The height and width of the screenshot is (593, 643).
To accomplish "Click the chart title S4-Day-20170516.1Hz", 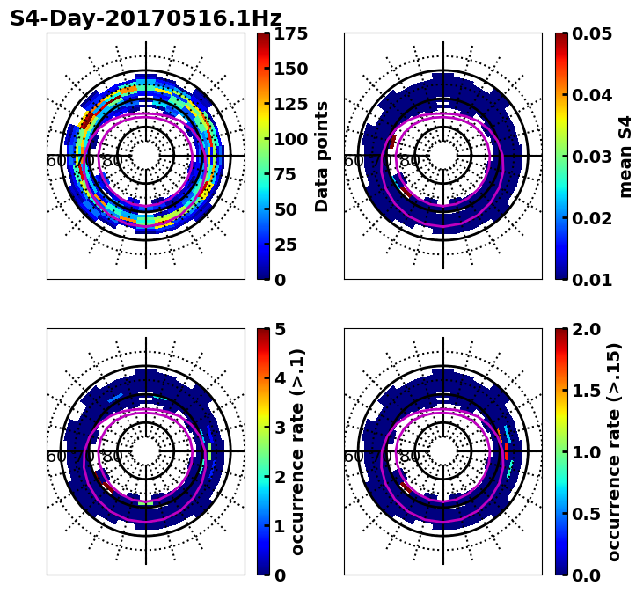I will (x=146, y=18).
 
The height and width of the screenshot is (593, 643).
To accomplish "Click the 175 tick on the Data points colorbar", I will (x=289, y=34).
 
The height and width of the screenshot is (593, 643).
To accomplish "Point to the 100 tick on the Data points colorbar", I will (x=289, y=139).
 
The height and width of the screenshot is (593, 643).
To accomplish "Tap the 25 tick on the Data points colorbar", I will (x=289, y=245).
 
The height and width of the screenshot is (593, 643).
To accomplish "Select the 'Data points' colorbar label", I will (x=322, y=157).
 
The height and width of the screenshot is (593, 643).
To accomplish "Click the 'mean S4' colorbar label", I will (x=625, y=157).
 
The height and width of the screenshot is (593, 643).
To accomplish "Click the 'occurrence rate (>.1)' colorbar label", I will (x=298, y=452).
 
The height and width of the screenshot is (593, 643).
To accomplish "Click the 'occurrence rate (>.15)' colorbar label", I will (x=614, y=452).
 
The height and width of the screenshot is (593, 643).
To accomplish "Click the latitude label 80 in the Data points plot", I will (x=113, y=161).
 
